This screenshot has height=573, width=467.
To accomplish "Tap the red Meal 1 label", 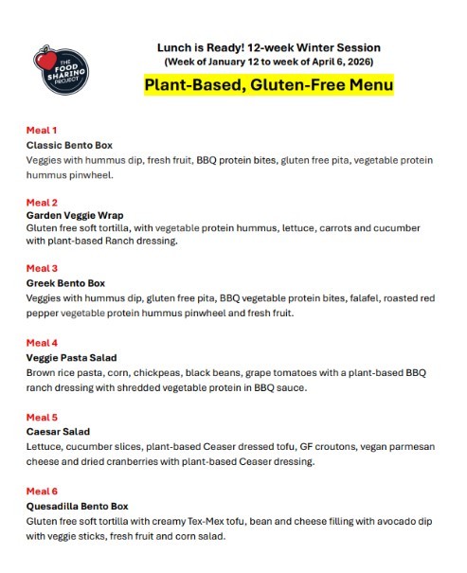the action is click(x=42, y=130).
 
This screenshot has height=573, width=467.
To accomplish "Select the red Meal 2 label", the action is click(x=42, y=202).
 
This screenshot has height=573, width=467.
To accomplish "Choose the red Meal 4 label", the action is click(x=42, y=342).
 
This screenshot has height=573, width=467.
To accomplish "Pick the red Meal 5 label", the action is click(x=42, y=416).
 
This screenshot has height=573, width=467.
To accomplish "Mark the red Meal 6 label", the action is click(x=42, y=491).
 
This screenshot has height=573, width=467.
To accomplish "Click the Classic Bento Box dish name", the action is click(x=69, y=145).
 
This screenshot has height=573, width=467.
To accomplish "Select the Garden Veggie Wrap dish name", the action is click(x=75, y=215).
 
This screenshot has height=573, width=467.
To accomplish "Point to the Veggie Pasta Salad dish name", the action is click(x=73, y=357).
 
